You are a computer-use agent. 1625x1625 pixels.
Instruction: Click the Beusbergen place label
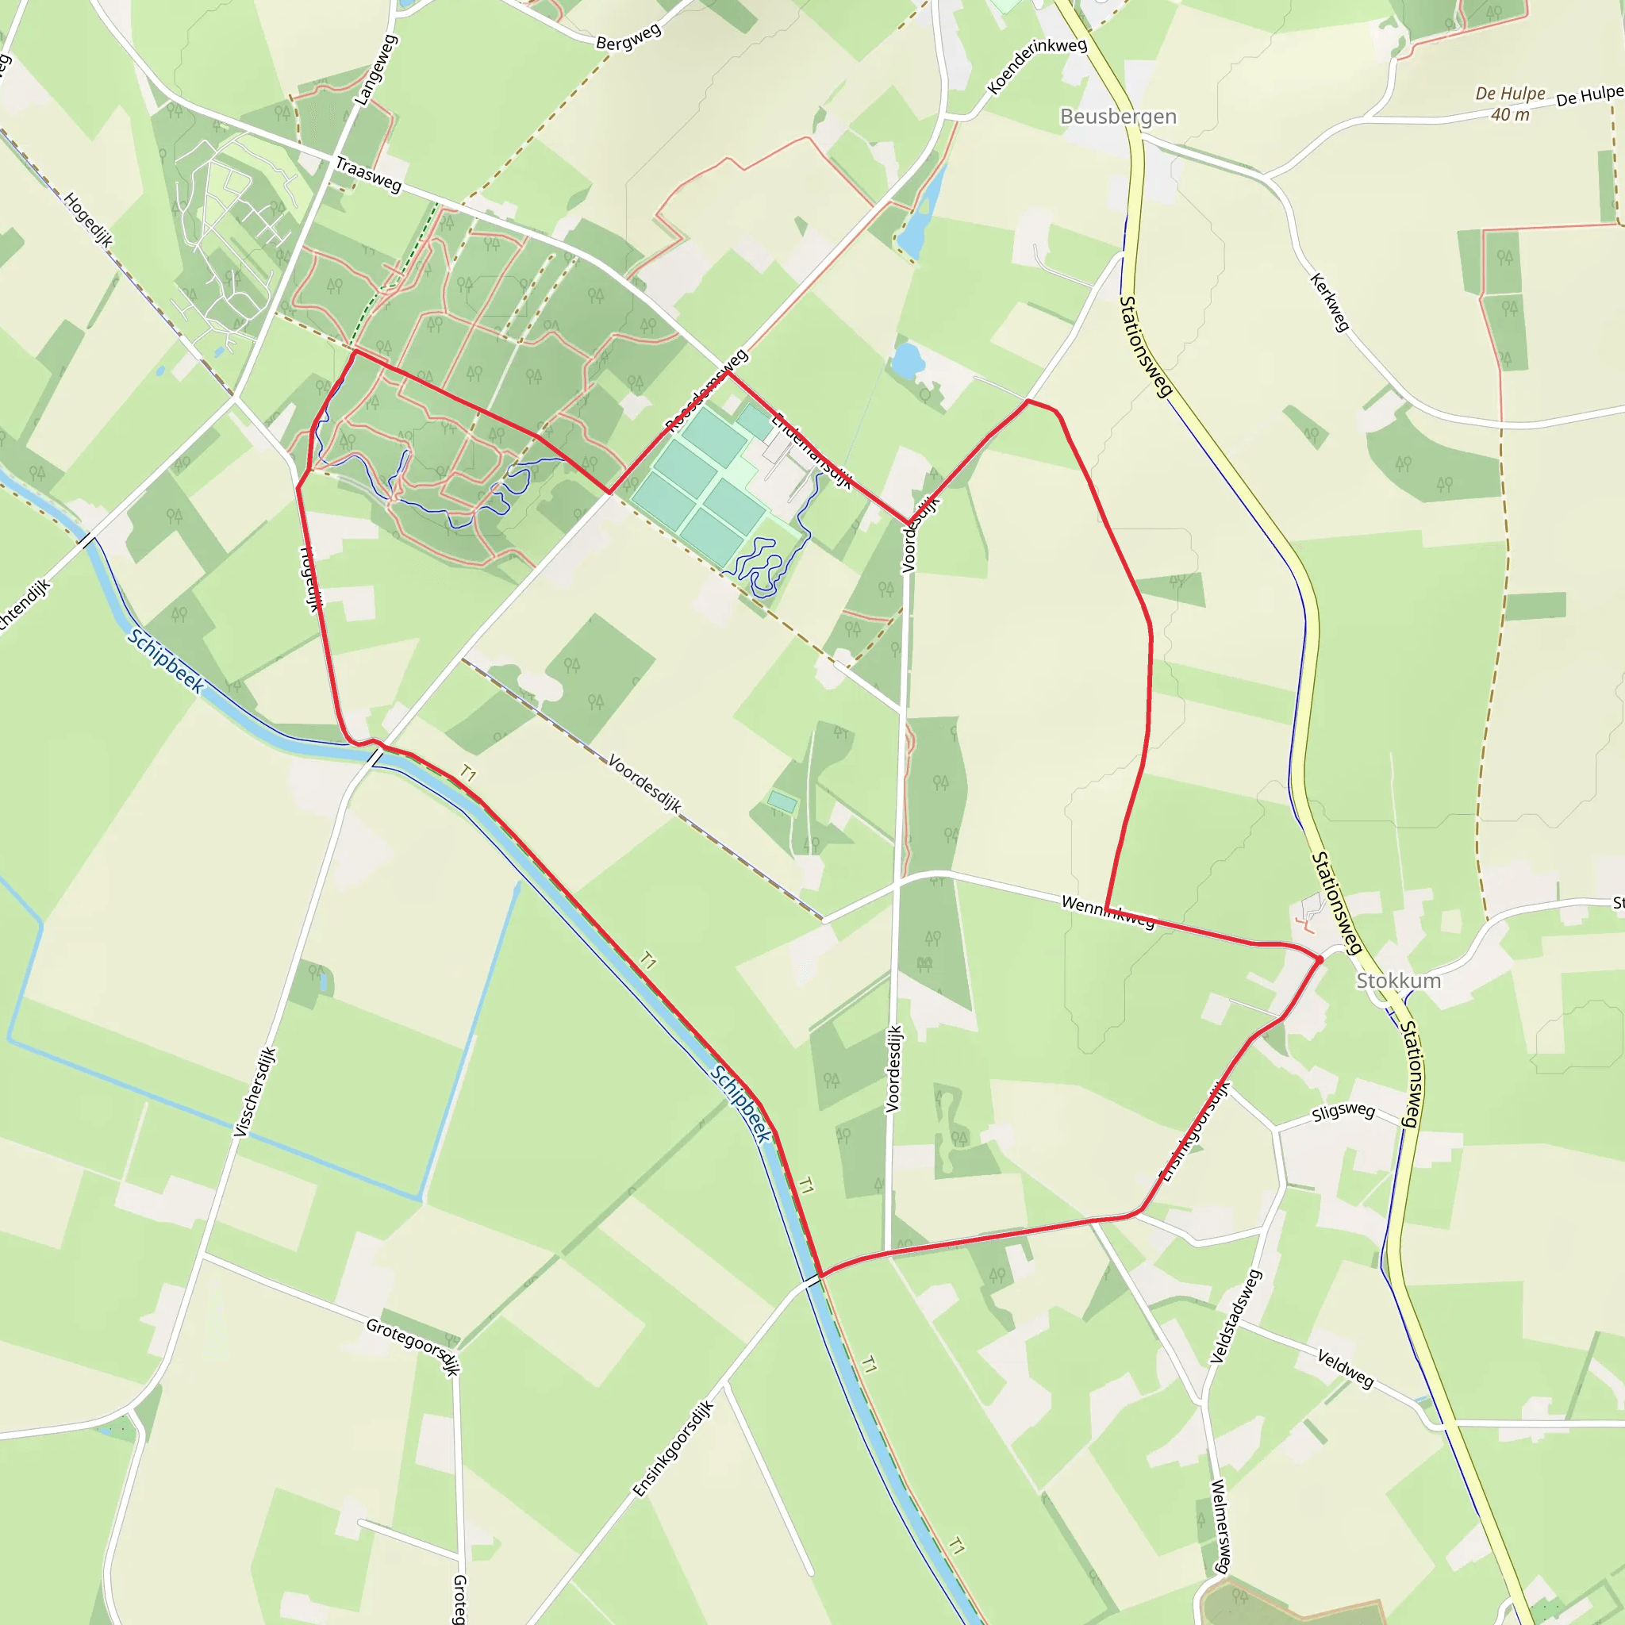pos(1118,116)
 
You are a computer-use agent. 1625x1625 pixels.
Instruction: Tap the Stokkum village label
pos(1398,981)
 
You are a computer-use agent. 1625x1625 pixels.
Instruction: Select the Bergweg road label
pos(628,38)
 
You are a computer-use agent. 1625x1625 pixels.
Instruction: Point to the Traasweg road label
pos(368,174)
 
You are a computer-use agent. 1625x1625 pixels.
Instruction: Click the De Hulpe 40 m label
pos(1510,103)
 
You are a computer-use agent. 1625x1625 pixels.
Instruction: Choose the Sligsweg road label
pos(1343,1112)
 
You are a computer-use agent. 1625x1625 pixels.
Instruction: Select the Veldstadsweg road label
pos(1235,1316)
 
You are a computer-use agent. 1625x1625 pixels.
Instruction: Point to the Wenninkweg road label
pos(1108,912)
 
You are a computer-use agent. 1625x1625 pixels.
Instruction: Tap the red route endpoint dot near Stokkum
pos(1320,958)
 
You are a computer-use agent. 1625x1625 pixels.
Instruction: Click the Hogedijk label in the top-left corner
pos(87,220)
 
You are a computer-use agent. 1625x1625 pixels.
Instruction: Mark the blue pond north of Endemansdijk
pos(907,360)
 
